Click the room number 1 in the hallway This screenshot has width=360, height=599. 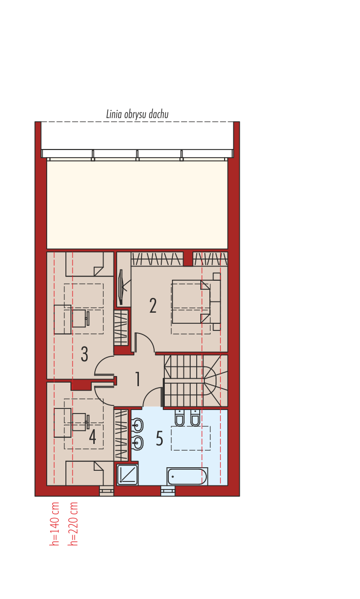[137, 379]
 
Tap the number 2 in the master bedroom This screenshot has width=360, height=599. [153, 306]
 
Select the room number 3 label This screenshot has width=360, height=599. [85, 354]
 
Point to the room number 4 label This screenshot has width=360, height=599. [92, 437]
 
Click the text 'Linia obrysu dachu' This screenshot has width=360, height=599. [137, 114]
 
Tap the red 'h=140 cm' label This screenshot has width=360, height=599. [55, 523]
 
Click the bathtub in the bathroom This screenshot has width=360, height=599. [187, 476]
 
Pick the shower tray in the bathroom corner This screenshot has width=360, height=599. [127, 475]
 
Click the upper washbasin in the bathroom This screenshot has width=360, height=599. [137, 425]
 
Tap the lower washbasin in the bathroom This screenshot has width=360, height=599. [137, 443]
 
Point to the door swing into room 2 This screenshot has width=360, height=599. [144, 342]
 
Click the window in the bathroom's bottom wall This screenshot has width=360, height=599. [168, 491]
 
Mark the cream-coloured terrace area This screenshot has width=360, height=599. [137, 204]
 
